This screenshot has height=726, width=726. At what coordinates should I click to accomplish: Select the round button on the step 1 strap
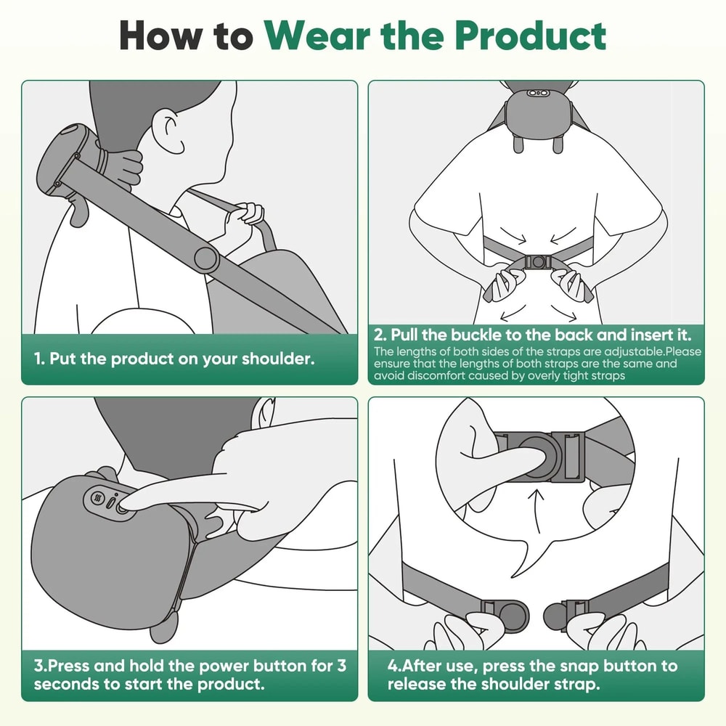click(x=205, y=257)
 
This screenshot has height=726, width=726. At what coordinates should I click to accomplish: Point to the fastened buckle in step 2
click(x=538, y=263)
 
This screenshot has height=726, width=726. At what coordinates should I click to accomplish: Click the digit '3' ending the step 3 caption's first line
click(x=341, y=666)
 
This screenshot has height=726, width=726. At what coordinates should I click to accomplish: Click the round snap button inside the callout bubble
click(x=537, y=455)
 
